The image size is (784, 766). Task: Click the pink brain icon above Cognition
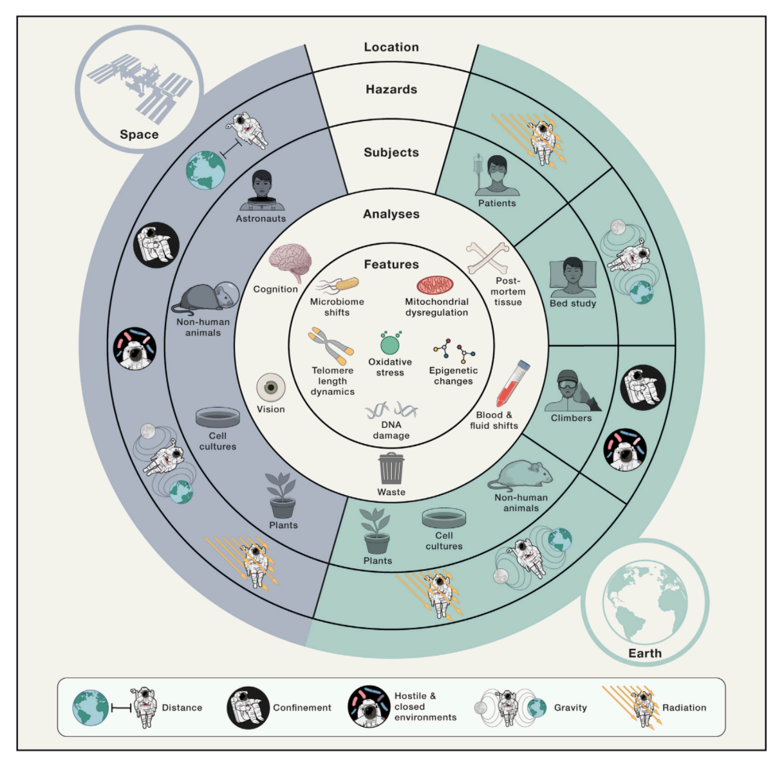pos(290,262)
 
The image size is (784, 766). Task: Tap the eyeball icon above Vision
pos(271,388)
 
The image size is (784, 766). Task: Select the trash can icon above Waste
pos(391,468)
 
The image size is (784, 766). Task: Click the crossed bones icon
pos(487,258)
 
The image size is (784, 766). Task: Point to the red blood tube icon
pos(513,383)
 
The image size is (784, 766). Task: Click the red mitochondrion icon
pos(434,285)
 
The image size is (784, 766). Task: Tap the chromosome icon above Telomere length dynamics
pos(331,345)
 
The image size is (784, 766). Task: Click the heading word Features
pos(391,265)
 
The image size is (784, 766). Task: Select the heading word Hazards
pos(391,89)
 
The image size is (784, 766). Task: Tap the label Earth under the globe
pos(644,653)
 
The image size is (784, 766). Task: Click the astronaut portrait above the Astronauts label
pos(262,190)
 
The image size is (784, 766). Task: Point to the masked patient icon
pos(496,175)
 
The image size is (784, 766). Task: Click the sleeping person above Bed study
pos(573,277)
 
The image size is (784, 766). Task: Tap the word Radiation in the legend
pos(684,707)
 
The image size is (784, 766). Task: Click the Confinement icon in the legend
pos(248,707)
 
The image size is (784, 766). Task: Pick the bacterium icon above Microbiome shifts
pos(338,285)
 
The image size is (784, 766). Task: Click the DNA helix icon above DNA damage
pos(391,410)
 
